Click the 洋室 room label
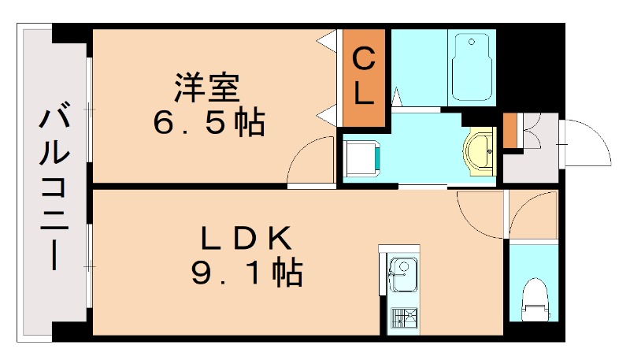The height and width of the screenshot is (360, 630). [207, 87]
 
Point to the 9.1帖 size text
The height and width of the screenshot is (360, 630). [246, 272]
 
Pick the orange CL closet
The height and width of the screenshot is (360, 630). [363, 77]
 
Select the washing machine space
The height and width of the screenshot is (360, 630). [363, 158]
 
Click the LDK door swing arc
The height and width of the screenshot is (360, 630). [478, 211]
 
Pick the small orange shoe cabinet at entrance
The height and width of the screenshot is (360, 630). [510, 131]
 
